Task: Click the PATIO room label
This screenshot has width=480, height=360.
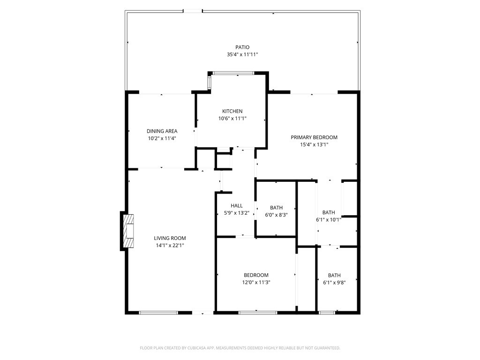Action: pyautogui.click(x=242, y=47)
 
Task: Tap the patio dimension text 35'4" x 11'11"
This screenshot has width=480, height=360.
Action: pyautogui.click(x=242, y=54)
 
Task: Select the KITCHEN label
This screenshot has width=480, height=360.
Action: pyautogui.click(x=232, y=111)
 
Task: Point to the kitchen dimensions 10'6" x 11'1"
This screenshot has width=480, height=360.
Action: pyautogui.click(x=232, y=119)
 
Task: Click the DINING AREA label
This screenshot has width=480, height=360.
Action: pyautogui.click(x=162, y=131)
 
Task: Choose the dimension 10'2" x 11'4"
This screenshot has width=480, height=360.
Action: pyautogui.click(x=162, y=138)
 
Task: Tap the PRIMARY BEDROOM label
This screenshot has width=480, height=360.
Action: pyautogui.click(x=314, y=137)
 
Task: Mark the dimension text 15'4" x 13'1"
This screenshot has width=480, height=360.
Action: pyautogui.click(x=314, y=145)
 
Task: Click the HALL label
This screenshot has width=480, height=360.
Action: pyautogui.click(x=237, y=206)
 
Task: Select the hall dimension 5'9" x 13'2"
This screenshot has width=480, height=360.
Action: pyautogui.click(x=237, y=213)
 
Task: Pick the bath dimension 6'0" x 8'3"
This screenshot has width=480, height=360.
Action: pyautogui.click(x=276, y=215)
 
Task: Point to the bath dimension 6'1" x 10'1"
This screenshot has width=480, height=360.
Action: pyautogui.click(x=329, y=219)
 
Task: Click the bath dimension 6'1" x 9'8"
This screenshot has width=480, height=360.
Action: pyautogui.click(x=334, y=283)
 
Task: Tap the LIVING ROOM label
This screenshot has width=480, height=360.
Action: pyautogui.click(x=170, y=238)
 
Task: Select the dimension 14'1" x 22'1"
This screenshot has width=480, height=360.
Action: pyautogui.click(x=170, y=245)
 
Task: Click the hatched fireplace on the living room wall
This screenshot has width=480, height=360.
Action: pyautogui.click(x=128, y=231)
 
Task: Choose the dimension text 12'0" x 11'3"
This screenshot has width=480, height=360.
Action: pyautogui.click(x=256, y=282)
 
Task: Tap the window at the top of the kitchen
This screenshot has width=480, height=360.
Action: pyautogui.click(x=233, y=73)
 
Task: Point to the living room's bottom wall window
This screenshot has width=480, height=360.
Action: pyautogui.click(x=158, y=313)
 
